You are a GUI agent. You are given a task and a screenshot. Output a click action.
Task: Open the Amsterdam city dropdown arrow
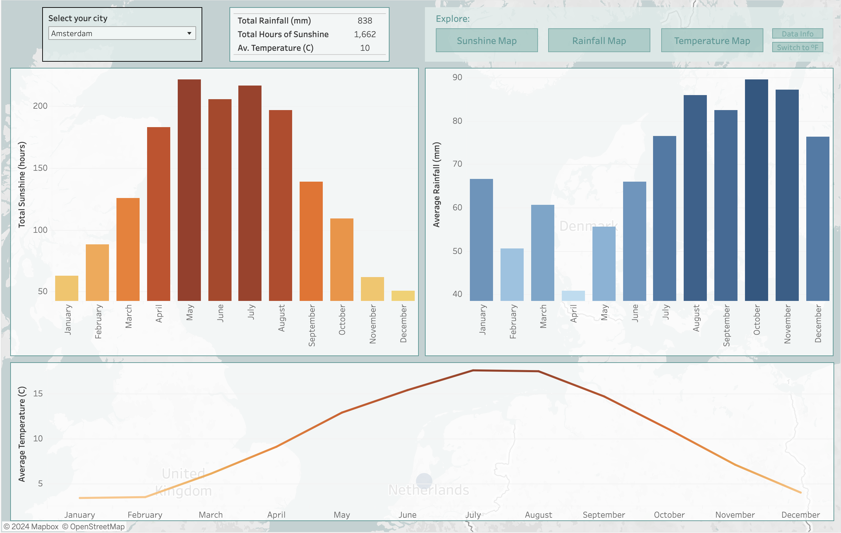coord(189,33)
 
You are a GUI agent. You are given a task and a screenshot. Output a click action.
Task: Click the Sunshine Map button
coord(487,41)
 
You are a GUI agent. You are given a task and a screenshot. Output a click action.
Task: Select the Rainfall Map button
coord(599,41)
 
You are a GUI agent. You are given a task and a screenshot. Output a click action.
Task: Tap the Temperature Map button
coord(712,41)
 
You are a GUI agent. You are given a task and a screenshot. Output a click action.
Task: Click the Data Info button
coord(797,34)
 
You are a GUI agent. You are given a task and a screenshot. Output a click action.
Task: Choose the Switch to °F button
coord(797,47)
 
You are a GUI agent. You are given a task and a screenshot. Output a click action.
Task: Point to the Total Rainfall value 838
coord(365,21)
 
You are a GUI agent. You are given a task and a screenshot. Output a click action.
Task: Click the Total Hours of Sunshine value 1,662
coord(365,34)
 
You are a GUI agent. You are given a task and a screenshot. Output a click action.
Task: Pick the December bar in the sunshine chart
coord(403,296)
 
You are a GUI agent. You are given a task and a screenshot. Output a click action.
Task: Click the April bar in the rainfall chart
coord(573,296)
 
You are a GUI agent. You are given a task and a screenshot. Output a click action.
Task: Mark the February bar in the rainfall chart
coord(512,274)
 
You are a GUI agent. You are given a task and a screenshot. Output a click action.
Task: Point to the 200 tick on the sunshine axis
coord(40,106)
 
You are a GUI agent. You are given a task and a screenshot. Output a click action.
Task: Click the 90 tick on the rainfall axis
coord(457,77)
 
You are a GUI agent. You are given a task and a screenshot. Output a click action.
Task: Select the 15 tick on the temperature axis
coord(38,394)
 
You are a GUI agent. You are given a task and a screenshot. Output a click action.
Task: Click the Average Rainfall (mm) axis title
coord(437,185)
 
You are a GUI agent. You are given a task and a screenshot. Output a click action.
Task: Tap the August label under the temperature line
coord(538,515)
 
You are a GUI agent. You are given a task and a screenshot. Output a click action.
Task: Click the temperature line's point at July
coord(473,370)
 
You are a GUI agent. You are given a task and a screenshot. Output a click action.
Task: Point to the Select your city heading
coord(78,18)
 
